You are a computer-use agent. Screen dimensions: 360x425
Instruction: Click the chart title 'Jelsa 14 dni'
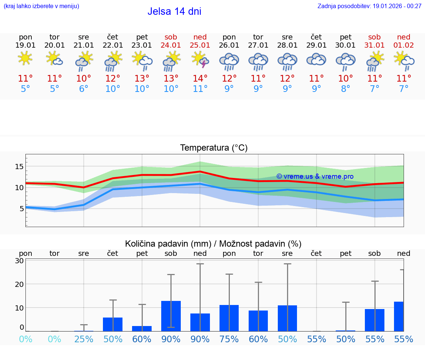174,11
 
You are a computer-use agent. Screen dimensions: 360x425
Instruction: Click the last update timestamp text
369,6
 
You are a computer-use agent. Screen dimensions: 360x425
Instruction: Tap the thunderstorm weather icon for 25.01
200,60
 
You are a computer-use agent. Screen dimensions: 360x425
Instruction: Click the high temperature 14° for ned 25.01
200,79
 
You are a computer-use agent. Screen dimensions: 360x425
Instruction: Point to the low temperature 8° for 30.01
346,89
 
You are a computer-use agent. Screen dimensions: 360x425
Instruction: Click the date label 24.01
171,45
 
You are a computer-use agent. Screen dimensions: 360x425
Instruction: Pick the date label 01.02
404,45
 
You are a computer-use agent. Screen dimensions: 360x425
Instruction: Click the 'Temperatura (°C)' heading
214,148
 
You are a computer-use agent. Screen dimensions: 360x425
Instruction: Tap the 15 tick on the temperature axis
19,167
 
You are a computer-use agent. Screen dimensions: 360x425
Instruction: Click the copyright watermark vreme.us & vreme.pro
315,176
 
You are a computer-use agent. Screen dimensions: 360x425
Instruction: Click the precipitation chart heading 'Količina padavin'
213,244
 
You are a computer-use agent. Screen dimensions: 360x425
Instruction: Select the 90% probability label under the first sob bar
171,339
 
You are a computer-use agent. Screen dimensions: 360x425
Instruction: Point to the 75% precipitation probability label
229,339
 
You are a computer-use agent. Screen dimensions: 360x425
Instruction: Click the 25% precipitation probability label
84,339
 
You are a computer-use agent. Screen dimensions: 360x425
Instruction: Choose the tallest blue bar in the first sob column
171,316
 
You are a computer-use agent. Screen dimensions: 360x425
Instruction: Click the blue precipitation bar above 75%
229,318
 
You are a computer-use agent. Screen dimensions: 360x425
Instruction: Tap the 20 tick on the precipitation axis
20,284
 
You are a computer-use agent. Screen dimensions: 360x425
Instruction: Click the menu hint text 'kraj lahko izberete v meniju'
41,6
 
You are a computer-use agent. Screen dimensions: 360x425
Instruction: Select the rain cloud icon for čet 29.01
316,60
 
